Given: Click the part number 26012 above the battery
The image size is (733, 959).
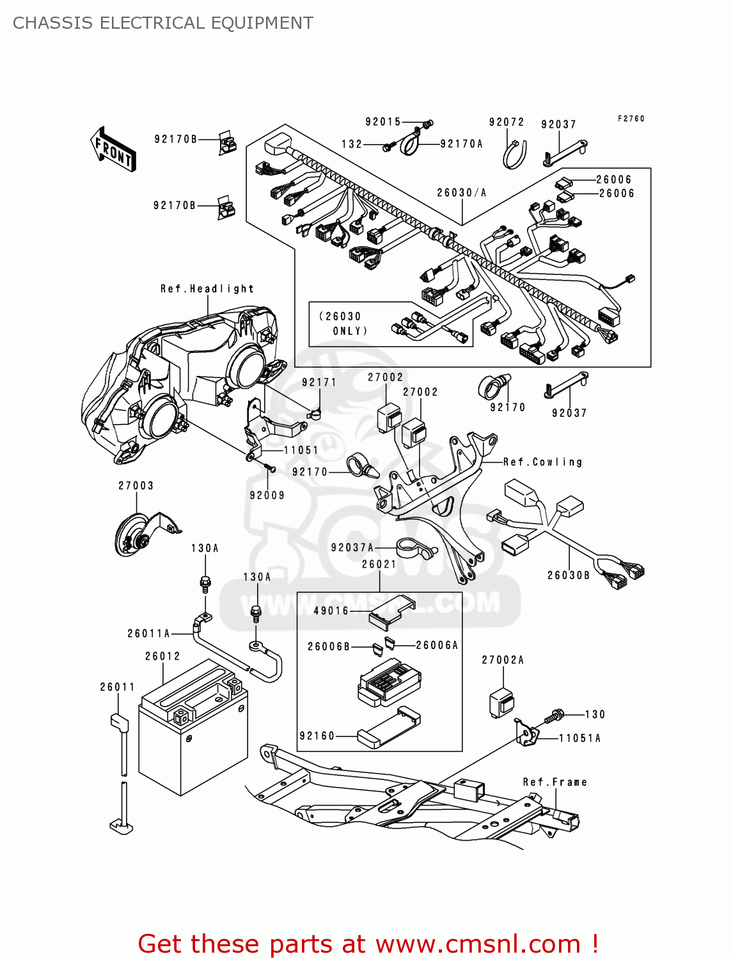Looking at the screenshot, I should (x=162, y=657).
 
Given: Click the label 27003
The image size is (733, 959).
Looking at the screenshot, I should (x=136, y=486).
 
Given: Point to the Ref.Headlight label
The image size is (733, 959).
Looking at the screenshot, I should (x=207, y=289).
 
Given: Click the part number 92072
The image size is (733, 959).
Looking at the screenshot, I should (x=507, y=122).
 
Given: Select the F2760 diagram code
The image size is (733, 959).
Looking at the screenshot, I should (x=631, y=119).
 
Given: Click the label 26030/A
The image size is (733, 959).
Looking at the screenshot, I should (x=462, y=192).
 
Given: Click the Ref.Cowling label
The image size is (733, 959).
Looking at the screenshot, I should (x=542, y=462).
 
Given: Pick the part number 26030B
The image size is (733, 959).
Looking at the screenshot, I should (x=568, y=575).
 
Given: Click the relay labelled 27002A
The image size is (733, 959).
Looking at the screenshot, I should (x=502, y=703).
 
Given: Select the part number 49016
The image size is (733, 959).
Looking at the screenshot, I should (x=331, y=611).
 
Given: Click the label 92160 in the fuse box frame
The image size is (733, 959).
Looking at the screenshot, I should (x=317, y=737).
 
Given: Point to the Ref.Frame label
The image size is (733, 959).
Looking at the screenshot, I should (x=555, y=783).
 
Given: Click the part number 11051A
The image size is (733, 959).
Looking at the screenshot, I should (x=579, y=738).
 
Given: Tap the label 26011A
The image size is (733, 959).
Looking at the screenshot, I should (x=148, y=634).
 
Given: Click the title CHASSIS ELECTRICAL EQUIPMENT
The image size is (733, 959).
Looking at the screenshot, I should (x=163, y=23).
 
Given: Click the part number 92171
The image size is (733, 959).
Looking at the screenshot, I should (x=319, y=382).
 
